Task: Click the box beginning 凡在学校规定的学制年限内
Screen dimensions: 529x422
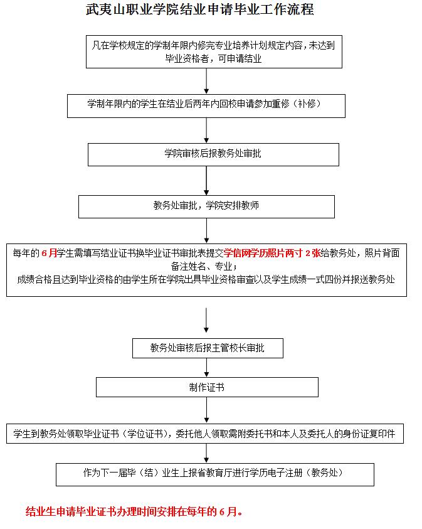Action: [214, 51]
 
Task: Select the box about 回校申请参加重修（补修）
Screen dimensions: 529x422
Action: [206, 104]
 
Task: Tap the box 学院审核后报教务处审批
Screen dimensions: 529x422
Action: [213, 154]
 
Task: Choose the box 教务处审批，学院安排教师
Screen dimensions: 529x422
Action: [206, 206]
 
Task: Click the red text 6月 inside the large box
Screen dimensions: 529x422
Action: [49, 254]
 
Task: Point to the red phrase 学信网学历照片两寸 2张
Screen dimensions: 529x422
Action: [272, 254]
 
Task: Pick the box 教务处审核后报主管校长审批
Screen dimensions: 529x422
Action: [208, 347]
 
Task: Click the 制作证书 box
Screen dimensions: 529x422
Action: [207, 387]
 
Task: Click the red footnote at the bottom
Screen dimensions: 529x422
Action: [134, 511]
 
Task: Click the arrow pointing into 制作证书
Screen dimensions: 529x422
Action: [207, 368]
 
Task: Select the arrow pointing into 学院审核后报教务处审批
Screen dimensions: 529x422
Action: [207, 130]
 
